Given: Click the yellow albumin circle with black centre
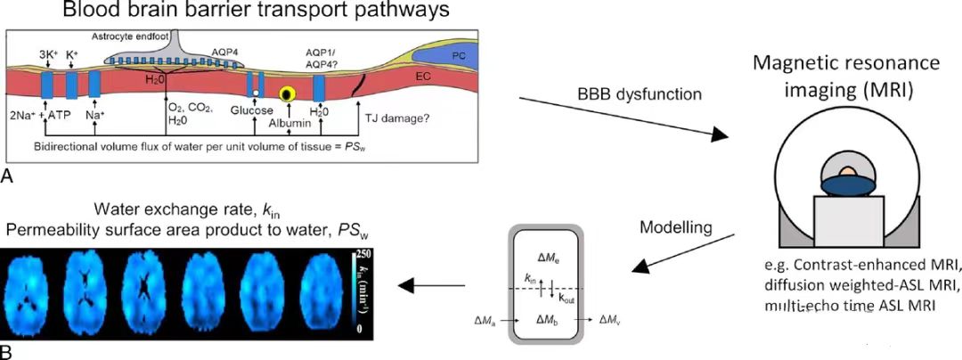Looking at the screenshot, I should click(x=288, y=93).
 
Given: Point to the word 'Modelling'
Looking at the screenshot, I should click(x=675, y=227).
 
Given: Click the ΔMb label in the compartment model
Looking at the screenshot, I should click(x=548, y=317).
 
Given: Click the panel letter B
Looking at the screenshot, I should click(x=7, y=352).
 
